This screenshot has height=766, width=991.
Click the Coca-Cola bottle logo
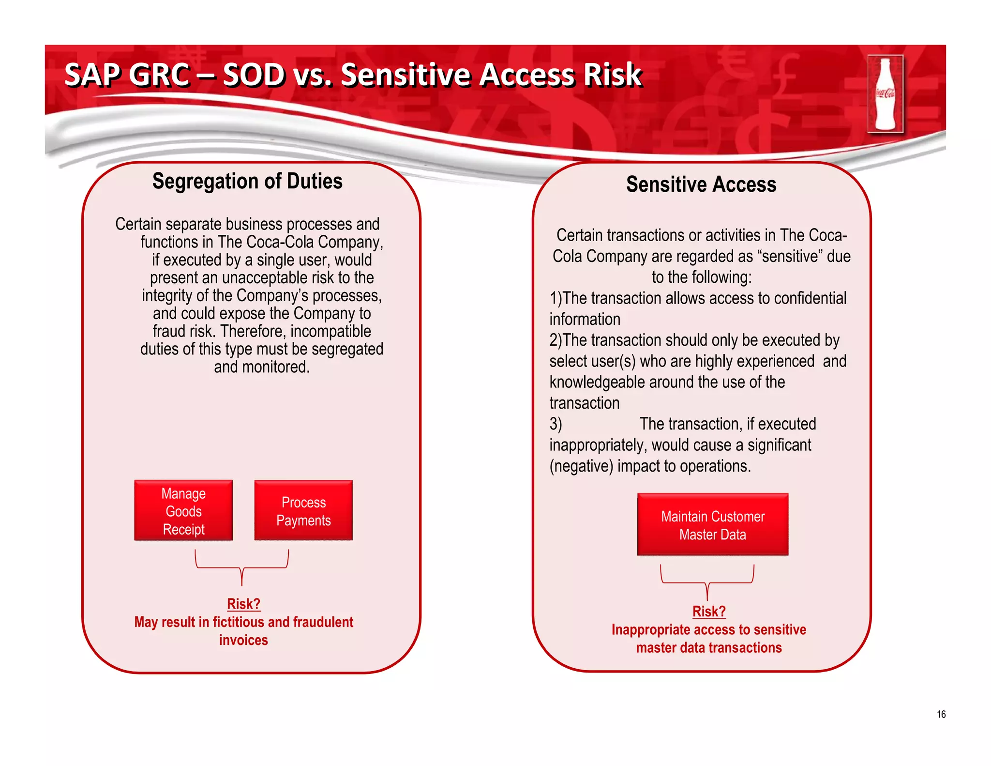[x=885, y=94]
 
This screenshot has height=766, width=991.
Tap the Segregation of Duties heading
[x=247, y=181]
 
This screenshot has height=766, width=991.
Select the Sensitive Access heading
[x=701, y=184]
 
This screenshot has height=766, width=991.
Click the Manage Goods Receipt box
[x=183, y=511]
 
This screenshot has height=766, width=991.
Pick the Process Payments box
[x=303, y=511]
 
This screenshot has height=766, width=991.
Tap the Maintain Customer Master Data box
[x=712, y=525]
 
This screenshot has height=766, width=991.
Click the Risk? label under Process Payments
[x=243, y=604]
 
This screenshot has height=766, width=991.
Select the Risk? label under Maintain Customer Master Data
[x=708, y=612]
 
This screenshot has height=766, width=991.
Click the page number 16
[x=941, y=714]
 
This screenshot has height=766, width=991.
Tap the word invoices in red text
[x=243, y=640]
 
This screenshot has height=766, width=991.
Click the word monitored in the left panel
[x=275, y=367]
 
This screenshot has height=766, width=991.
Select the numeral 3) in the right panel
[x=556, y=424]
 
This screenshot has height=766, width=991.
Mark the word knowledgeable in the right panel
[x=597, y=383]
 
